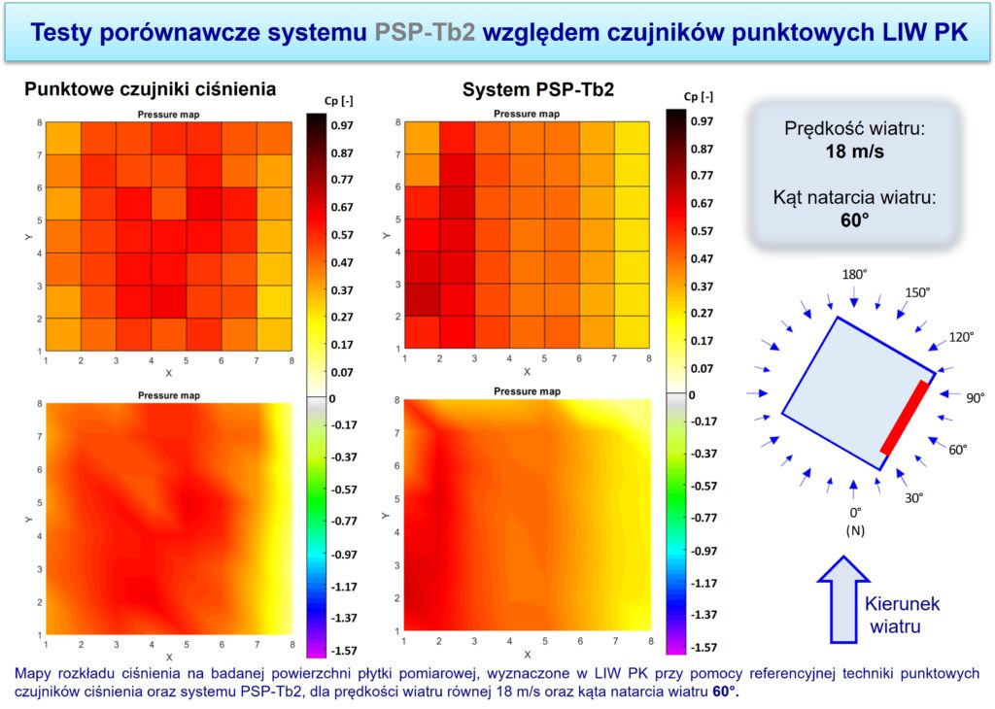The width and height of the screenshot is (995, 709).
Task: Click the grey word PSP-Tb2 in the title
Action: point(425,31)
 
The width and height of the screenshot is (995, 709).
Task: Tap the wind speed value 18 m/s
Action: point(854,152)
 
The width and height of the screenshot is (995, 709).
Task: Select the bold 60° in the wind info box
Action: point(854,219)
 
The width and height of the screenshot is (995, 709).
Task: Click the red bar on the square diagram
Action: point(905,418)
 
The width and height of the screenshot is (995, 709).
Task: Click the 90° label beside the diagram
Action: point(974,397)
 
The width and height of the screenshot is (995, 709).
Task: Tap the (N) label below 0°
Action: point(855,530)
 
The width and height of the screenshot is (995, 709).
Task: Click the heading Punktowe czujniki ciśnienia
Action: point(150,88)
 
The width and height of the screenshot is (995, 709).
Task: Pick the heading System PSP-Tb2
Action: point(537,90)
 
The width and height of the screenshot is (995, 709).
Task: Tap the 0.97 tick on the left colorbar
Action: point(343,125)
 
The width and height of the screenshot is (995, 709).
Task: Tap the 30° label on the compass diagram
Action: point(913,497)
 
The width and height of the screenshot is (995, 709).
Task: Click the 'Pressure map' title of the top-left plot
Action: point(169,115)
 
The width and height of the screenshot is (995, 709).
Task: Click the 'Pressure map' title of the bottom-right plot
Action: point(529,391)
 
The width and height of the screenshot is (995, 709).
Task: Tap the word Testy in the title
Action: point(69,31)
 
